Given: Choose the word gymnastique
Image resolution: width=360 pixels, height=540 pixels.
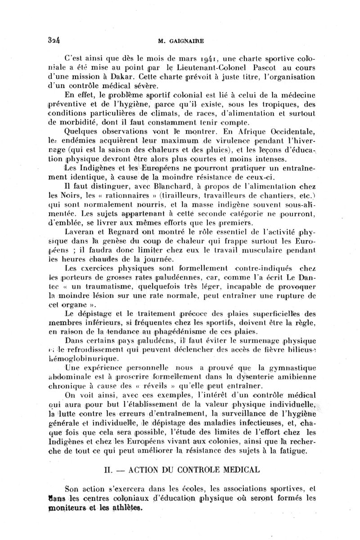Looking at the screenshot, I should click(x=293, y=368).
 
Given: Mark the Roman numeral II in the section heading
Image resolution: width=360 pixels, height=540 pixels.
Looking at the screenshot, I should click(x=108, y=470).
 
